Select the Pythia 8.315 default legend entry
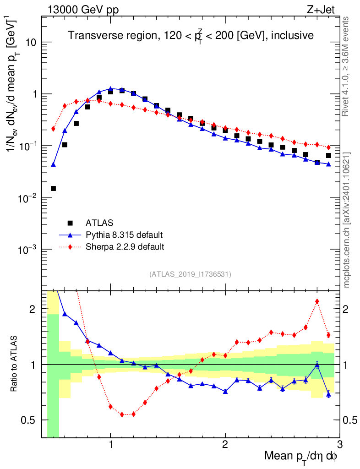(124, 235)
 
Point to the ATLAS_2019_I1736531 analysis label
(190, 274)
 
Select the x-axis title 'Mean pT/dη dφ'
(301, 456)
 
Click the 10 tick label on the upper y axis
(30, 43)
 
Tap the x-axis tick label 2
(225, 445)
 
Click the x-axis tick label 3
(339, 445)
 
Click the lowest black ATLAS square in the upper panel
(53, 188)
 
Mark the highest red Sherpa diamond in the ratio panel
(317, 301)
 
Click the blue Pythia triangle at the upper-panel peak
(110, 88)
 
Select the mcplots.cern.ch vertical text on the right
(347, 220)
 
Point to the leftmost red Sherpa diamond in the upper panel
(53, 129)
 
